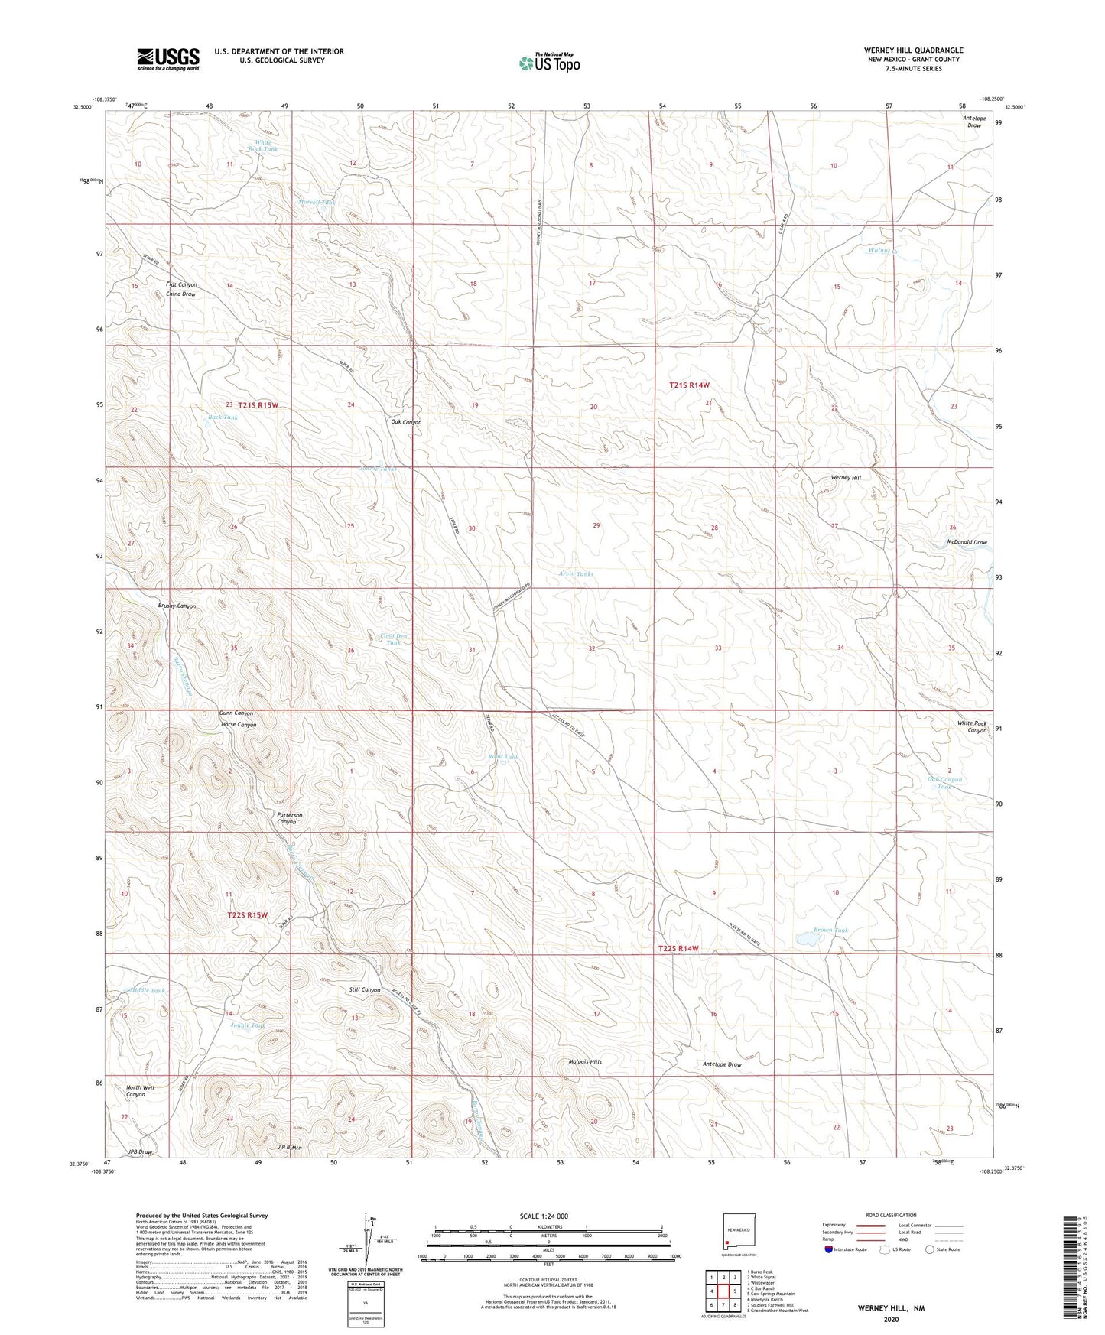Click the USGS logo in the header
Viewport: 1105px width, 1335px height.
click(168, 59)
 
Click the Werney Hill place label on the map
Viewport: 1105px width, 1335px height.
click(846, 478)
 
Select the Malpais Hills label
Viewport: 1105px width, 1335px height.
click(585, 1062)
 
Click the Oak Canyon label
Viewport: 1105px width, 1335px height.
click(406, 422)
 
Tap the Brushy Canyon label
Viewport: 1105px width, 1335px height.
click(177, 606)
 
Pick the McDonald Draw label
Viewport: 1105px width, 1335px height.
click(967, 542)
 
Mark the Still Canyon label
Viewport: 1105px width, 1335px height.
click(364, 990)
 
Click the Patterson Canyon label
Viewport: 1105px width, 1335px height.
click(290, 818)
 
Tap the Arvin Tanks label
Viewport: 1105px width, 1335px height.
click(576, 573)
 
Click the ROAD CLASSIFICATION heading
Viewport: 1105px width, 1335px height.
click(891, 1215)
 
